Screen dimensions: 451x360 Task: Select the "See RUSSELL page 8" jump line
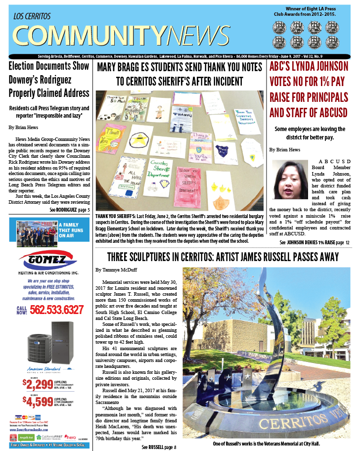pyautogui.click(x=159, y=447)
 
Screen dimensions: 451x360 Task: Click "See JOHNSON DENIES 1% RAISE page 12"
pyautogui.click(x=315, y=242)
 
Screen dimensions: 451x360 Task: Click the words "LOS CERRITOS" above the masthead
pyautogui.click(x=32, y=16)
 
